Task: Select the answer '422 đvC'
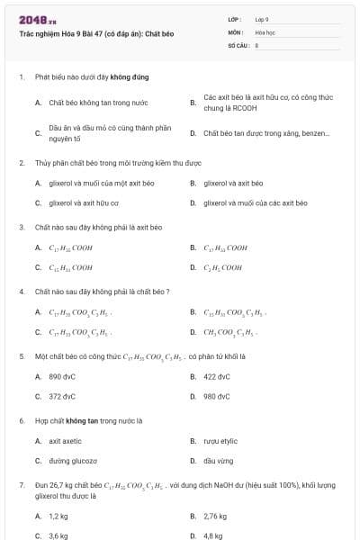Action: [x=217, y=376]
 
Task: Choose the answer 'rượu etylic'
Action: [x=220, y=441]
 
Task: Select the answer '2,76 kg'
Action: [x=215, y=516]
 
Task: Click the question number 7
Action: [x=21, y=485]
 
